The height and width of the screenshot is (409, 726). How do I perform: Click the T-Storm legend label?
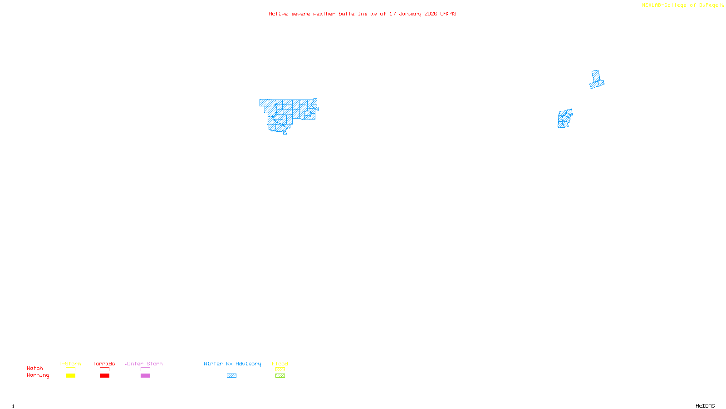(x=70, y=364)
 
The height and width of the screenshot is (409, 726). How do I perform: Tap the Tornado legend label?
(x=104, y=364)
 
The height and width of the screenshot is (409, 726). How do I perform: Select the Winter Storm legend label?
(x=143, y=364)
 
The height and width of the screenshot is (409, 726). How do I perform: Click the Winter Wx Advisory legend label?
(x=232, y=364)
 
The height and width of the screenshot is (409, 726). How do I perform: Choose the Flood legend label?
(x=280, y=364)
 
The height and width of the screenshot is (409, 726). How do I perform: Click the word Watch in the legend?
(x=35, y=368)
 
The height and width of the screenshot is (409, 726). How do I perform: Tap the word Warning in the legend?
(x=38, y=375)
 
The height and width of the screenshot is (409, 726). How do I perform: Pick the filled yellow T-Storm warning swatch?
(x=70, y=376)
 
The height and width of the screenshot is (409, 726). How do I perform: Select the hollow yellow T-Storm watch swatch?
(x=70, y=369)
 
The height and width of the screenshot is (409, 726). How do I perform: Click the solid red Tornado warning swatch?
(x=104, y=376)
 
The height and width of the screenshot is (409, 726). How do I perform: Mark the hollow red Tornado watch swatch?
(x=104, y=369)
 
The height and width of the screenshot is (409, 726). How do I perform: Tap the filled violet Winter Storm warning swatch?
(x=145, y=376)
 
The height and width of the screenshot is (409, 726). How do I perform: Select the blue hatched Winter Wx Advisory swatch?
(x=231, y=376)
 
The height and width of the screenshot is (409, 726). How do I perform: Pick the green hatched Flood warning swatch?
(x=280, y=376)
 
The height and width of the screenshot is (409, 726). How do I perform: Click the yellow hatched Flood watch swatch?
(x=280, y=369)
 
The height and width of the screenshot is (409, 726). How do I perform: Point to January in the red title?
(x=410, y=14)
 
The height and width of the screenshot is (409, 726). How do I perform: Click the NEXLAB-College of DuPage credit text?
(x=680, y=5)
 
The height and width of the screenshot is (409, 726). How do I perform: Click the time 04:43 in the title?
(x=448, y=14)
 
